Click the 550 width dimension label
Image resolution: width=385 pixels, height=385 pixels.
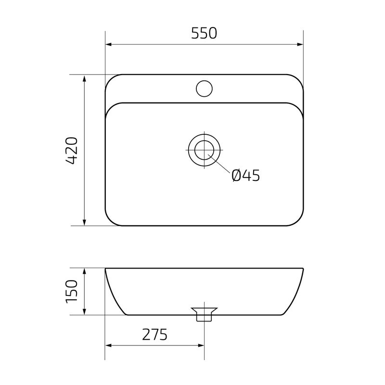[x=205, y=33]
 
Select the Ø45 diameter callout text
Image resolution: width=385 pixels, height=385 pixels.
[x=245, y=176]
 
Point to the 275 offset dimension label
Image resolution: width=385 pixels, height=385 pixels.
[x=154, y=334]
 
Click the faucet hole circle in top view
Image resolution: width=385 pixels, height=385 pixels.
[x=205, y=89]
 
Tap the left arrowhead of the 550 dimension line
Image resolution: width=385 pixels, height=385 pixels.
[x=108, y=45]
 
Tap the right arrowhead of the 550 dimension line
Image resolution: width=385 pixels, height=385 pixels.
[x=300, y=45]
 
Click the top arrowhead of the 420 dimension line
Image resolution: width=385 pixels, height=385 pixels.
[x=85, y=77]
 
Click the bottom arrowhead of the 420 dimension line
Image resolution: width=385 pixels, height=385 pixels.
[x=85, y=222]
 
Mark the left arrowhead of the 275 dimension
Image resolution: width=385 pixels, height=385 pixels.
[x=108, y=346]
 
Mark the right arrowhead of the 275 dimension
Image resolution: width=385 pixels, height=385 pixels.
[x=202, y=346]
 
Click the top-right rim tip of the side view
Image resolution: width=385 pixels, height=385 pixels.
[x=303, y=269]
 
